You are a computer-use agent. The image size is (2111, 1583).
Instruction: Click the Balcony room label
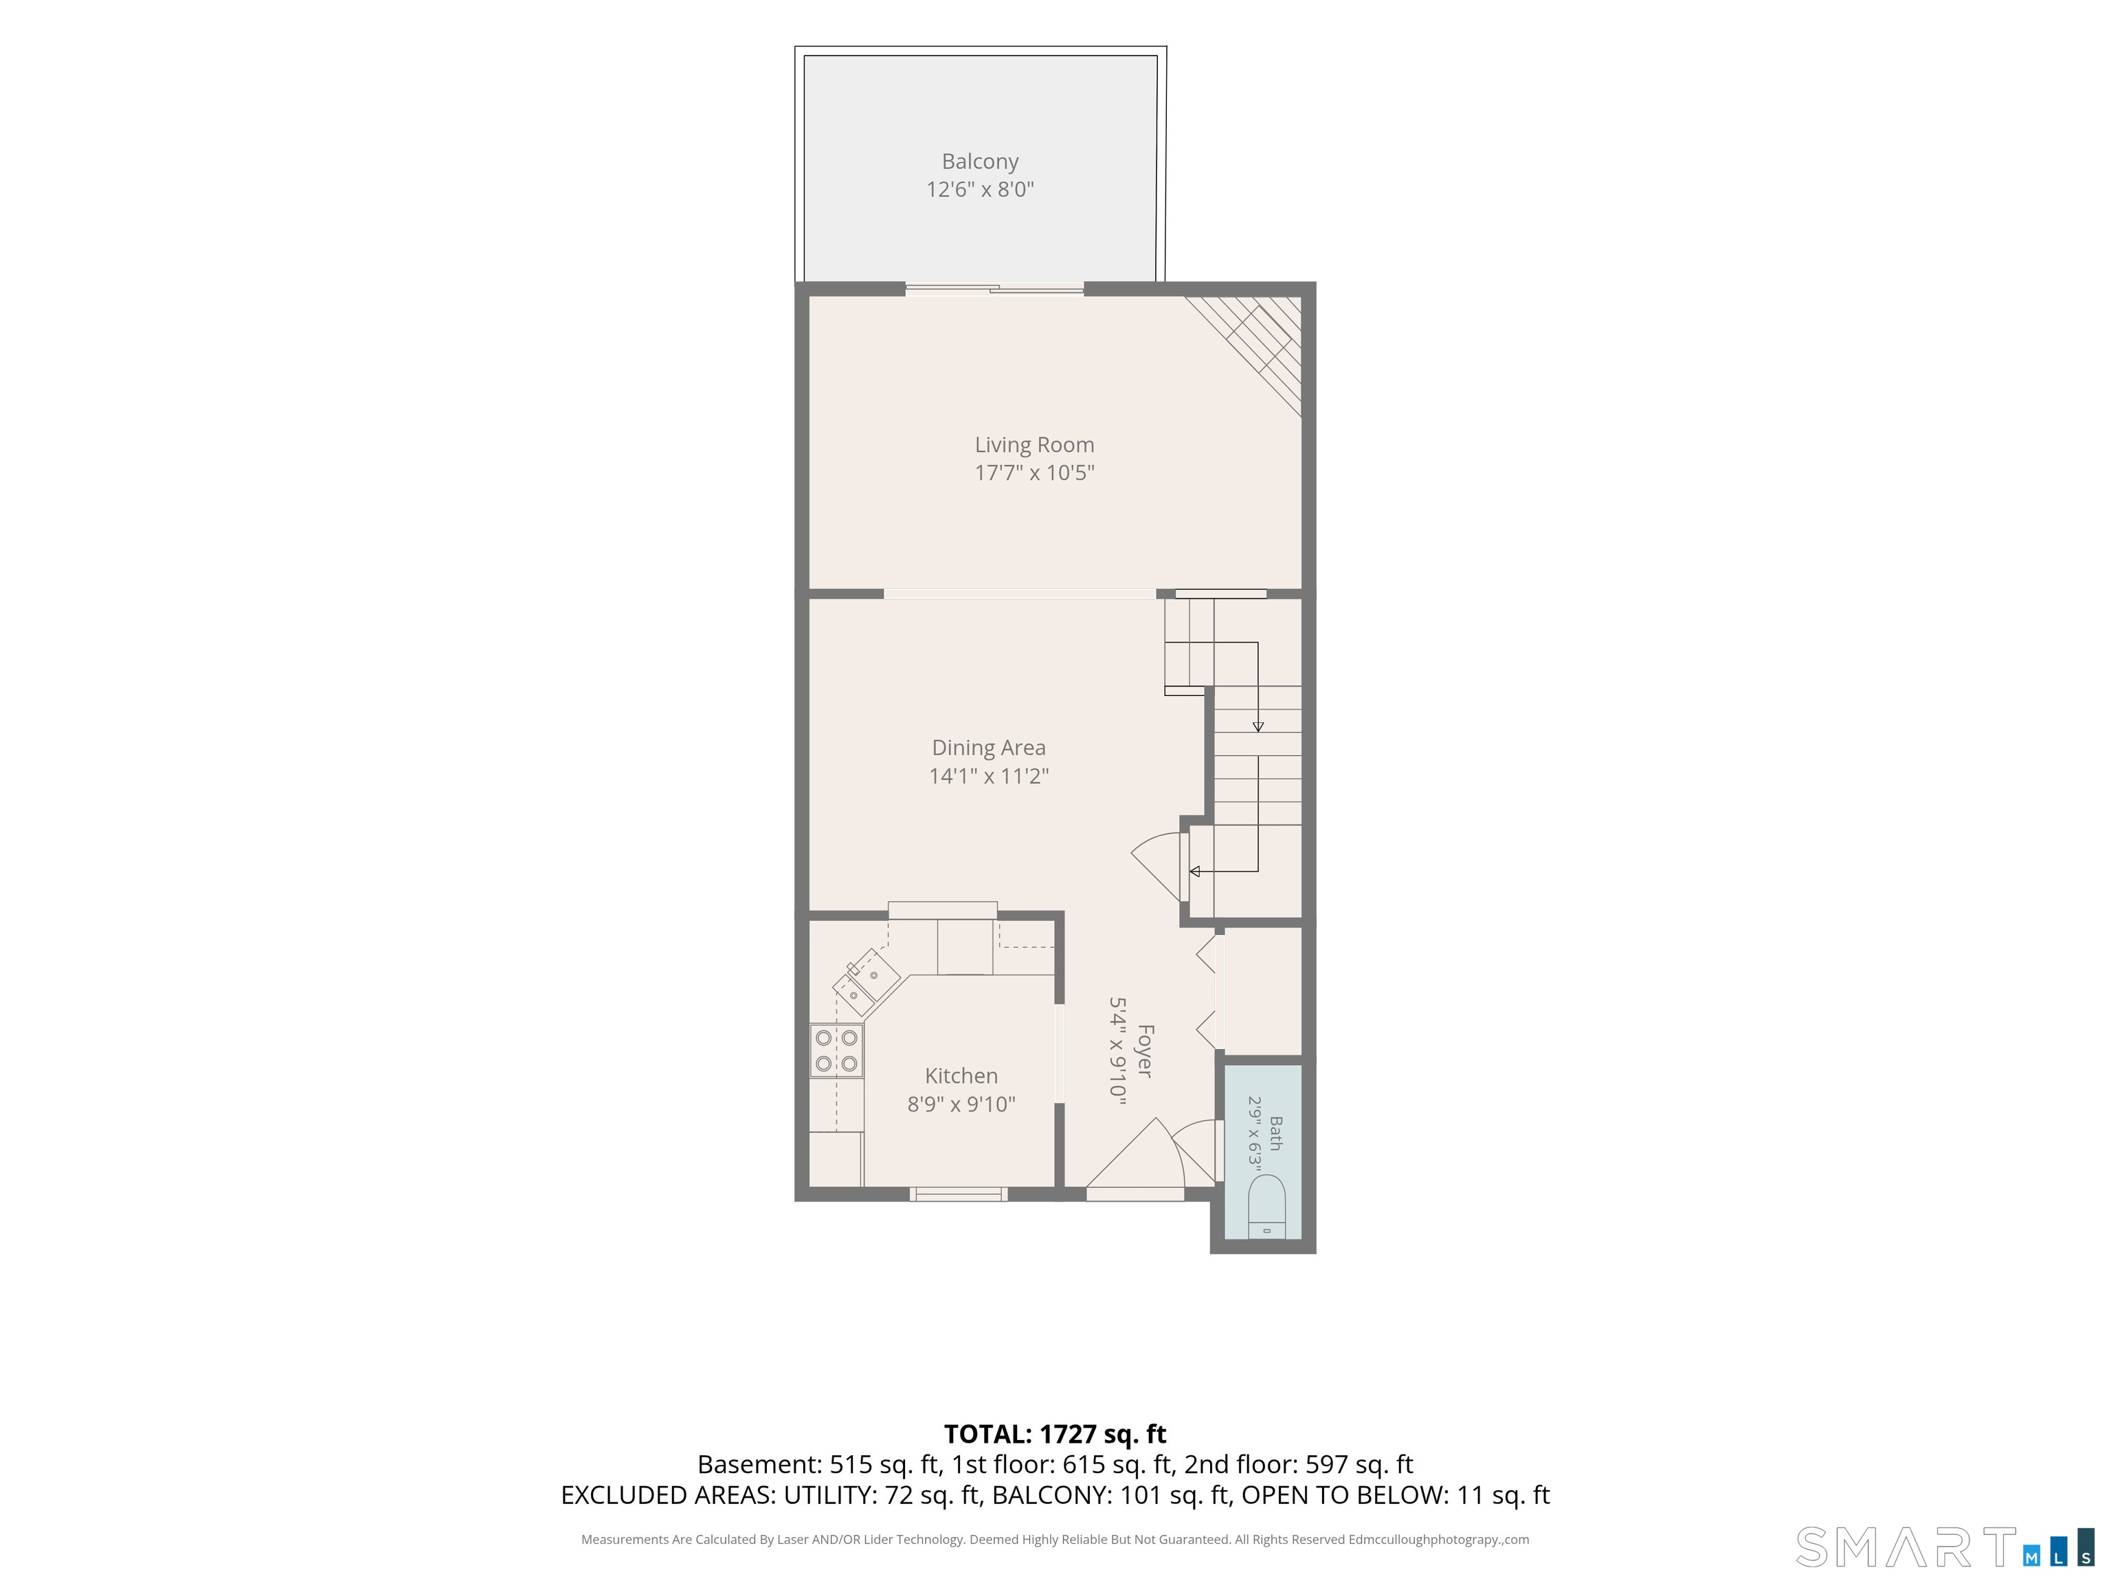[x=980, y=161]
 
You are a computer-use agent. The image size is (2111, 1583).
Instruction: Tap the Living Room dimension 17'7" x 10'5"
[x=1034, y=472]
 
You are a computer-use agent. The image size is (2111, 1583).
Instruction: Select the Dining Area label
[x=989, y=748]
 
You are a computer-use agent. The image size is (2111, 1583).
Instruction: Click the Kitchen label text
[x=961, y=1077]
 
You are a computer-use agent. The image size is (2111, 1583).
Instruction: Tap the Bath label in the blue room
[x=1276, y=1134]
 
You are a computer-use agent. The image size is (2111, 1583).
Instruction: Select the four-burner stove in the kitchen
[x=837, y=1051]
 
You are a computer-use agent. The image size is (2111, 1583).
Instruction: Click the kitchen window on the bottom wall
[x=958, y=1193]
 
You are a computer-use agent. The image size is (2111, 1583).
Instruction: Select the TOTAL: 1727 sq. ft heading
[x=1055, y=1434]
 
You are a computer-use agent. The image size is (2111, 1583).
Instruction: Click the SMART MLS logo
[x=1944, y=1547]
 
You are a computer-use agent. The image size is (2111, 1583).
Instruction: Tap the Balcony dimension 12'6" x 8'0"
[x=980, y=189]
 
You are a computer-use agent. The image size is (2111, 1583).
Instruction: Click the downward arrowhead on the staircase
[x=1258, y=727]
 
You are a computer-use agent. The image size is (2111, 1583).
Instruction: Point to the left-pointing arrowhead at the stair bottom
[x=1194, y=871]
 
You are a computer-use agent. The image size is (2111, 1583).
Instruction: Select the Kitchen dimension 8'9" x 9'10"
[x=961, y=1105]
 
